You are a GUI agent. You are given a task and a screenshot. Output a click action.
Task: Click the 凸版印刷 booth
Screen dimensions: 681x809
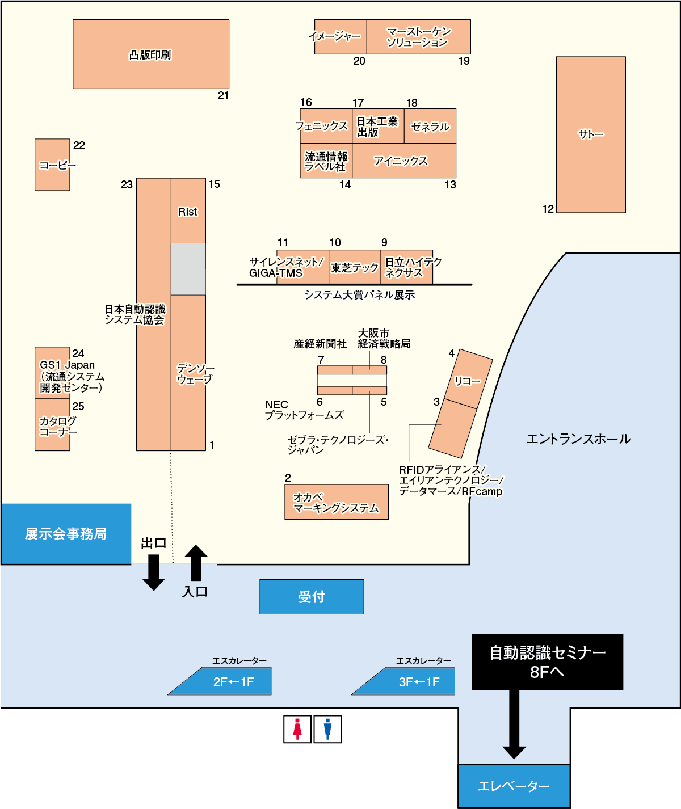click(x=151, y=54)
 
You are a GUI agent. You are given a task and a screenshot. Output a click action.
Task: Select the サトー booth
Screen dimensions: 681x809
click(x=591, y=134)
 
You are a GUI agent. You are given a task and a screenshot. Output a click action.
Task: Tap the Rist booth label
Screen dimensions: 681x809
click(x=188, y=212)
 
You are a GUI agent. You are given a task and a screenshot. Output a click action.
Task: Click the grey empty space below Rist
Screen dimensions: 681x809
click(x=188, y=269)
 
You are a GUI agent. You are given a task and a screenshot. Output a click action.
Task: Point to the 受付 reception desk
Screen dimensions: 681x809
click(x=312, y=597)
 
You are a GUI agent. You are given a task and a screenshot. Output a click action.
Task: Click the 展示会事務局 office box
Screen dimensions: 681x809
click(x=66, y=534)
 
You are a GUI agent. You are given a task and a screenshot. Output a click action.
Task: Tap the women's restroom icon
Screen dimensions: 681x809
click(x=297, y=729)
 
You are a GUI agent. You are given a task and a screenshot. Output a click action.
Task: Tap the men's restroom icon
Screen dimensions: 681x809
click(x=327, y=729)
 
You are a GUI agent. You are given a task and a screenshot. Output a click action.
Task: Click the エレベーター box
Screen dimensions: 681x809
click(x=514, y=786)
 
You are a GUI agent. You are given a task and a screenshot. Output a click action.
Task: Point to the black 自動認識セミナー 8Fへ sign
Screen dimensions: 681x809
click(x=547, y=662)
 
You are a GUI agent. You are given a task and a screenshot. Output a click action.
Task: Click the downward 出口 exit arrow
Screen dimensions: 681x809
click(x=153, y=572)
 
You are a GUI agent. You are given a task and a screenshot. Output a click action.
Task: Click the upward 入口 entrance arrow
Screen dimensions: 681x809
click(x=196, y=563)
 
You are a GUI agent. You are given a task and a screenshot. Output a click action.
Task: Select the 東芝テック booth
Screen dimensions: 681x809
click(x=355, y=267)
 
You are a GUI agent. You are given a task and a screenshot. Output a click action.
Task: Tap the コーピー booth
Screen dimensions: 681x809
click(x=52, y=165)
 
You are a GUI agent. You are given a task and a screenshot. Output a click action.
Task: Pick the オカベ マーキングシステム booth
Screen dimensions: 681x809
click(x=337, y=502)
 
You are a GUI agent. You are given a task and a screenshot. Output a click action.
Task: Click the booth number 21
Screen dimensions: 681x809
click(x=223, y=96)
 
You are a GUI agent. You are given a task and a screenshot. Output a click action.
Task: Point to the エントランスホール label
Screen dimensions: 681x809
click(x=578, y=439)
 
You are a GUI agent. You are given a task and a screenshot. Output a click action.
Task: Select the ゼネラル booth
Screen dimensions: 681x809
click(x=430, y=126)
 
